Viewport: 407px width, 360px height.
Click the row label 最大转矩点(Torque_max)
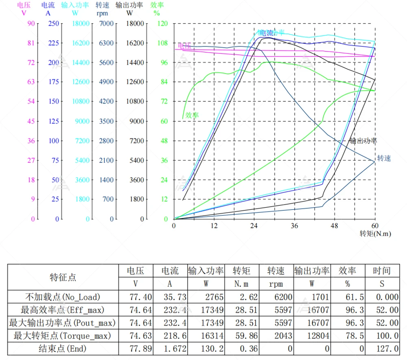pyautogui.click(x=63, y=336)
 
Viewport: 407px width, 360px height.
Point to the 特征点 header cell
pyautogui.click(x=63, y=277)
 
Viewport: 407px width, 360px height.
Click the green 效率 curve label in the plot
pyautogui.click(x=192, y=115)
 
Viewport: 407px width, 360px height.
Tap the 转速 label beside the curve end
pyautogui.click(x=384, y=158)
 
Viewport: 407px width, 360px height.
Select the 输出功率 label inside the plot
pyautogui.click(x=363, y=141)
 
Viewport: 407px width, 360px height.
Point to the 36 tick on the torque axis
pyautogui.click(x=294, y=226)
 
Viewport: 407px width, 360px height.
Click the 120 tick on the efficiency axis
pyautogui.click(x=162, y=24)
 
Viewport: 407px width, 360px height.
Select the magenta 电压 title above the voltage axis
pyautogui.click(x=24, y=5)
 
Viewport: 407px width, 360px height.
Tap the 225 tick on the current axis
pyautogui.click(x=53, y=43)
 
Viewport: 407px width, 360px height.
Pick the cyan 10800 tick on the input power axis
pyautogui.click(x=81, y=101)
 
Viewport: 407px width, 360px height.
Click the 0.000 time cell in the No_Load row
pyautogui.click(x=387, y=297)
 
